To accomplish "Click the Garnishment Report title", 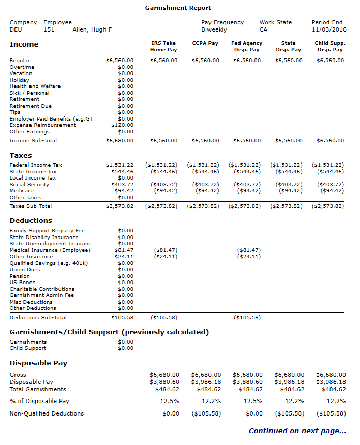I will point(178,8).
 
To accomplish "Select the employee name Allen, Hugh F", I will point(93,29).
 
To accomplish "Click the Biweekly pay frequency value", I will point(214,29).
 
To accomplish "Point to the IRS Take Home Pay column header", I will point(163,47).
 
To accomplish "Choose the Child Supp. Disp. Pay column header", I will point(330,47).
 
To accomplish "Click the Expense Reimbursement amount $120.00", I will point(122,125).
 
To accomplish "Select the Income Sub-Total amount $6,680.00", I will point(119,141).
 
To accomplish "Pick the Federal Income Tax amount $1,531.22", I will point(119,165).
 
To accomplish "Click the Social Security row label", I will point(29,185).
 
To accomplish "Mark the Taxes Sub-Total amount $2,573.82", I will point(119,206).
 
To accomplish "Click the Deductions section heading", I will point(31,221).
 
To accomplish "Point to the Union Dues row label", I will point(25,270).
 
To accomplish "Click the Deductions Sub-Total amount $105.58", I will point(122,318).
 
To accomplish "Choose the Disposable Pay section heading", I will point(38,363).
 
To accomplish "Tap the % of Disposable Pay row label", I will point(39,401).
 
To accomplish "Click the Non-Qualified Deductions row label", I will point(47,413).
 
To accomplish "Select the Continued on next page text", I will point(297,431).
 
